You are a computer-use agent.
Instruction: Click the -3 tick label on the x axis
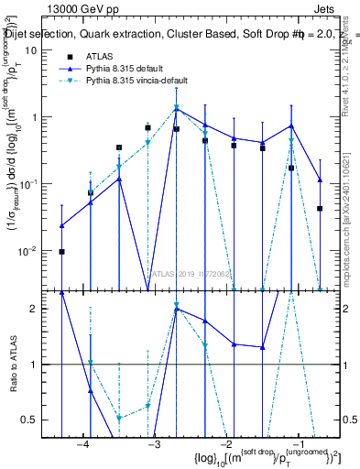pos(154,443)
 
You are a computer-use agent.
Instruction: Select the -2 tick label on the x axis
pos(225,443)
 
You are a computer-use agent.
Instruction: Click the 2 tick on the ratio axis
pos(38,309)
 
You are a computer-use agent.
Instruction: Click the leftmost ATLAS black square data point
pos(61,251)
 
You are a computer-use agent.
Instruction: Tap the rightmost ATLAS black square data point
pos(320,209)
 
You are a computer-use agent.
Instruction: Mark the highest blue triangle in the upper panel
pos(177,109)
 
